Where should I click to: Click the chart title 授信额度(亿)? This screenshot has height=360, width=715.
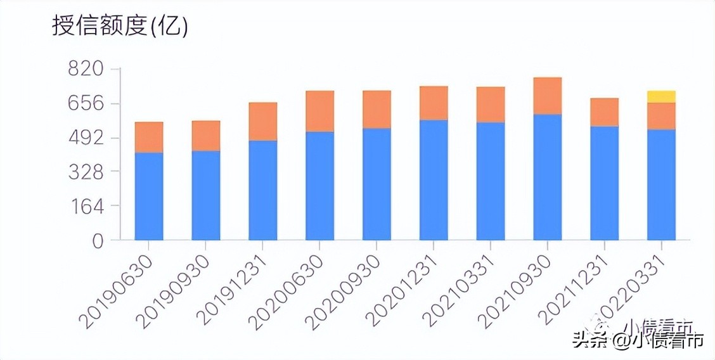[x=120, y=27]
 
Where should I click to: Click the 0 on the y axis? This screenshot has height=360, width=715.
[x=97, y=241]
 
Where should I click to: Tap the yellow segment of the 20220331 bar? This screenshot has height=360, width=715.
[x=661, y=96]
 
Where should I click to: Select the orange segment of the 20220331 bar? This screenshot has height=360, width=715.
[x=661, y=116]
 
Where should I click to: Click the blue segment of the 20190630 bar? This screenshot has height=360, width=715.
[x=149, y=196]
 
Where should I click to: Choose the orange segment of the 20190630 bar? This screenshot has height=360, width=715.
[x=149, y=137]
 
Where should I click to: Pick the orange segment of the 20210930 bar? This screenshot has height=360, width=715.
[x=548, y=96]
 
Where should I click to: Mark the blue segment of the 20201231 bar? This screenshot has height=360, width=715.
[x=434, y=180]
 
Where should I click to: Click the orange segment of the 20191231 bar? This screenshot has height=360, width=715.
[x=263, y=121]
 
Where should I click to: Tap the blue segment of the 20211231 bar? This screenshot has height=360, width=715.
[x=604, y=183]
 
